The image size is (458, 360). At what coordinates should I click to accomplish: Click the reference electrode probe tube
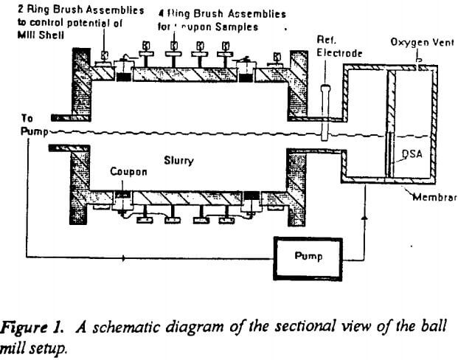pos(325,111)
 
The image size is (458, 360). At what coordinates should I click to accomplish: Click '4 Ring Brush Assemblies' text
pos(209,13)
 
